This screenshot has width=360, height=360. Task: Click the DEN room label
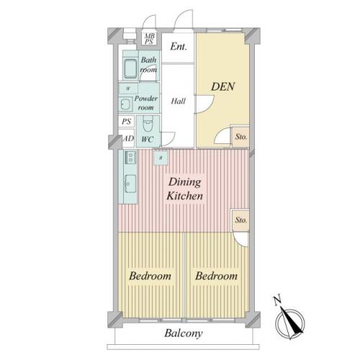click(x=222, y=86)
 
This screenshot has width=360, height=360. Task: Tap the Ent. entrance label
click(x=179, y=47)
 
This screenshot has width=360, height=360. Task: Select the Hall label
click(x=178, y=101)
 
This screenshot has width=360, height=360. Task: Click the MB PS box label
click(x=149, y=39)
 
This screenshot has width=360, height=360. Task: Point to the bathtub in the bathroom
click(x=130, y=69)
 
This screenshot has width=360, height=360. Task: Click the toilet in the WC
click(x=148, y=125)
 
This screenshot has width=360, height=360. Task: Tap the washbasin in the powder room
click(x=125, y=104)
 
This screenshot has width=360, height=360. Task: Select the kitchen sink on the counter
click(x=130, y=184)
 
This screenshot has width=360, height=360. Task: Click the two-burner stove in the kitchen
click(x=130, y=158)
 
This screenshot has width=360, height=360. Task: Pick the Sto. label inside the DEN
click(x=241, y=137)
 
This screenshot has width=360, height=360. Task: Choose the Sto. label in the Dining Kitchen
click(x=241, y=220)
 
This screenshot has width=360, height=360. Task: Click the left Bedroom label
click(x=150, y=276)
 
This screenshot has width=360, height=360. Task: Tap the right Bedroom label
click(x=216, y=276)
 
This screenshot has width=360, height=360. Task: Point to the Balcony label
click(x=184, y=333)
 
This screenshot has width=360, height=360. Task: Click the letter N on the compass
click(x=277, y=301)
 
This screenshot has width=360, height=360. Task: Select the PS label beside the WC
click(x=127, y=121)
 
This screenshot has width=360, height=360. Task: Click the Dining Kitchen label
click(x=184, y=189)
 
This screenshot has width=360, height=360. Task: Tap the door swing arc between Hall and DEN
click(x=209, y=106)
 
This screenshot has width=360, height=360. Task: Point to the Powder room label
click(x=145, y=103)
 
